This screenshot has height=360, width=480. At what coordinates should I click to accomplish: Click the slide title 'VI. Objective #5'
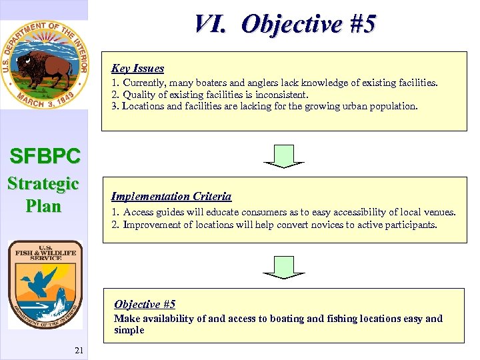285,24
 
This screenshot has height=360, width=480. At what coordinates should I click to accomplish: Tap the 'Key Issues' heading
137,68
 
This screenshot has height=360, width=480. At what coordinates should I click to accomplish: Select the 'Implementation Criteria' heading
171,196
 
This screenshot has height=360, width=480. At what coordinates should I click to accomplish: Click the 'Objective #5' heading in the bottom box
144,304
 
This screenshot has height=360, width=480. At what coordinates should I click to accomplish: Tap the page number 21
79,351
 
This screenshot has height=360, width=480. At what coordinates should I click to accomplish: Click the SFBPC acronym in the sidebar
45,156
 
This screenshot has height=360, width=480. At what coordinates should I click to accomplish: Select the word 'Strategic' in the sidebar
43,183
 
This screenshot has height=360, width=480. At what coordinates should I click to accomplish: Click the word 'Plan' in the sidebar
43,205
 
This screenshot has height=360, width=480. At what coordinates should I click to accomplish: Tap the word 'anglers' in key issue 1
249,83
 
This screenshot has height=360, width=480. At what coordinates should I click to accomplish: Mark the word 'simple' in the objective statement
129,330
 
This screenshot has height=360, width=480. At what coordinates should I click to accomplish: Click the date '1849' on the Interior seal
68,99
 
